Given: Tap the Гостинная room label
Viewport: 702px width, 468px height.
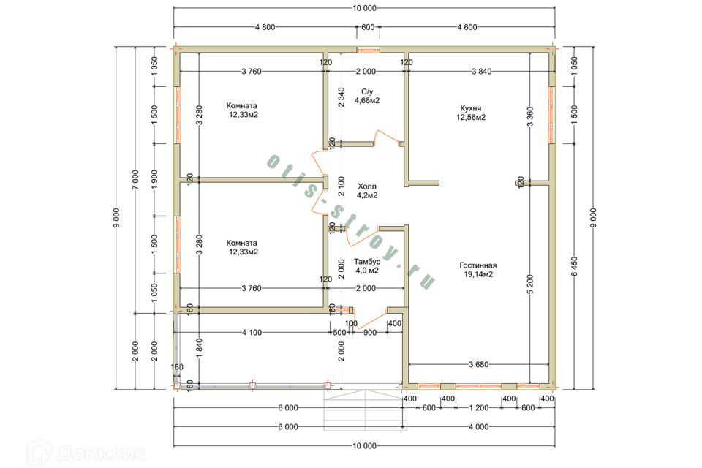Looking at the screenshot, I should [x=478, y=265].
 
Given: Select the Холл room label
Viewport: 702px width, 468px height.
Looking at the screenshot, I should [x=366, y=186].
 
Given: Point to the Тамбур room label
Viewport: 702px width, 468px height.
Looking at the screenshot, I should [x=366, y=261].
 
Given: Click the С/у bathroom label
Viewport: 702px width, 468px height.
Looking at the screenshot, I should [x=366, y=91].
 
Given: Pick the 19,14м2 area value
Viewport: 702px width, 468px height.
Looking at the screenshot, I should [x=478, y=275].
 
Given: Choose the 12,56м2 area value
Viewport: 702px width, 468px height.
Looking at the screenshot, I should [x=471, y=117].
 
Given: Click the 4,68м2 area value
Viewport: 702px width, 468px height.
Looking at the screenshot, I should [x=366, y=101].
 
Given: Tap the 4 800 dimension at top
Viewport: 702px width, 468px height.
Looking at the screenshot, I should [x=265, y=27].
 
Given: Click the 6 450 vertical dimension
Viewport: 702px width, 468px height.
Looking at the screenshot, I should [x=575, y=267].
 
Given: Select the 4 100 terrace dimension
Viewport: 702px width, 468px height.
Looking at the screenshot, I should [x=251, y=333].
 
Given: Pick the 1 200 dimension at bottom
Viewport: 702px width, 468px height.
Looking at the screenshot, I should [x=479, y=407].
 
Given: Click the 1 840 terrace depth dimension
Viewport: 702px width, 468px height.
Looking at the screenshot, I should [x=198, y=350].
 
